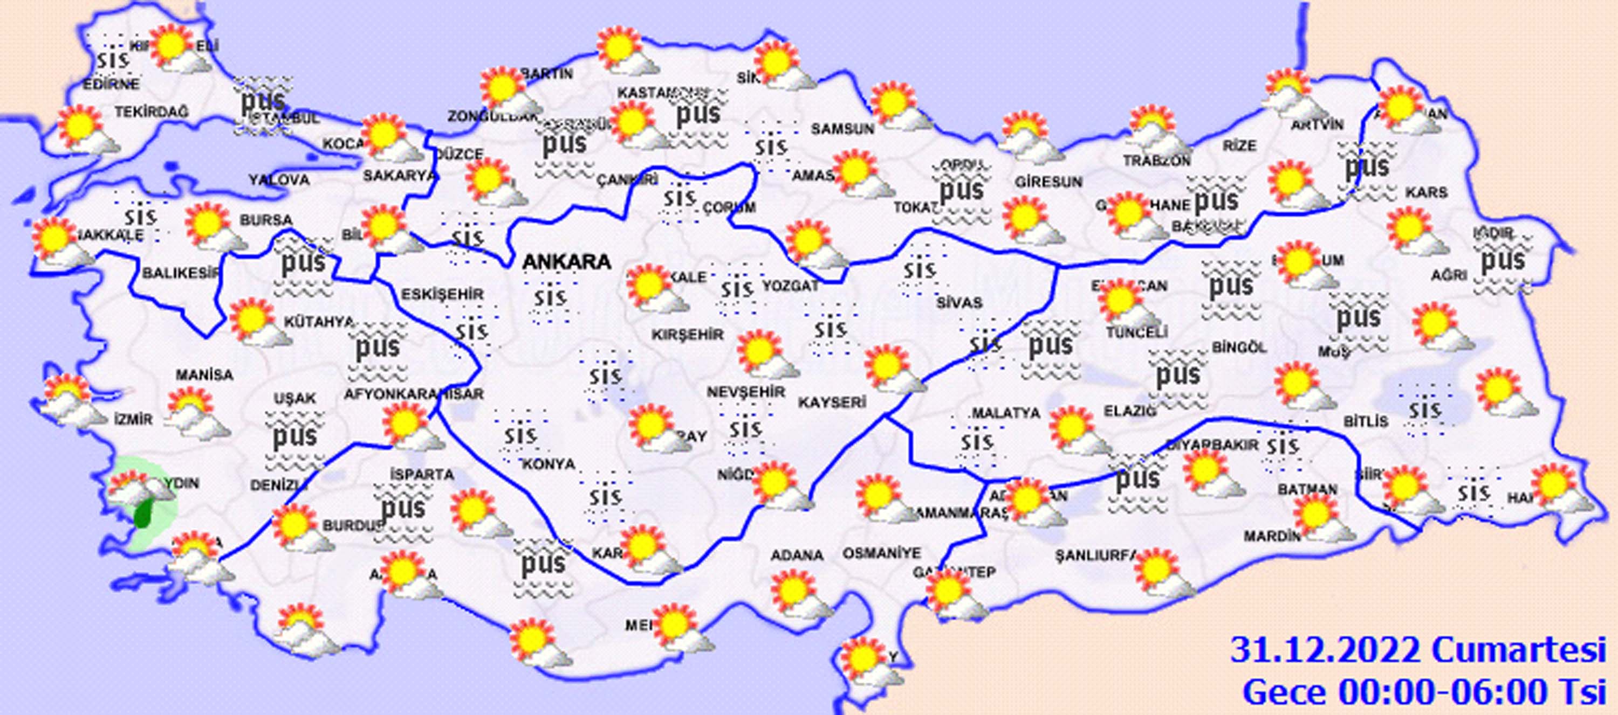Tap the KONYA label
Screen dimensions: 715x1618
[549, 464]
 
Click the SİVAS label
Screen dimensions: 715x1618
[958, 303]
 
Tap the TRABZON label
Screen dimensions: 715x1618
[1156, 161]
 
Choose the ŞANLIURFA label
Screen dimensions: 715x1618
[1095, 556]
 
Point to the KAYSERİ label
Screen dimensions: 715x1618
[832, 402]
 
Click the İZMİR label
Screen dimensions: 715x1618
[133, 419]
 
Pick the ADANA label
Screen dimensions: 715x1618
[797, 555]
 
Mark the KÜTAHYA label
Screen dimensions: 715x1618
[319, 322]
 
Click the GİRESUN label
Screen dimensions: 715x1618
[1048, 182]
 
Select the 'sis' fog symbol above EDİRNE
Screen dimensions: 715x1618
[114, 60]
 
